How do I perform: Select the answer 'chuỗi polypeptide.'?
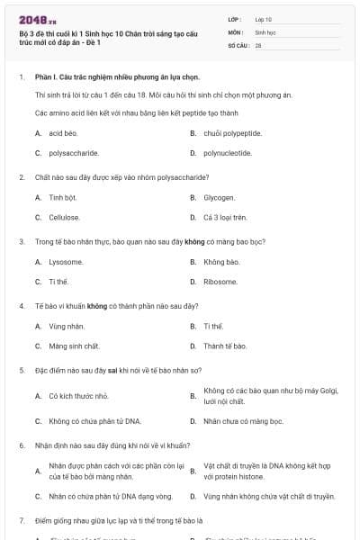[232, 133]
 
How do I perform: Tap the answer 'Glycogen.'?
[220, 197]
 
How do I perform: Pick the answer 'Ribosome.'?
[220, 282]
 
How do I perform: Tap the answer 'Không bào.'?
[221, 262]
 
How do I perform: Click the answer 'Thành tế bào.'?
[225, 346]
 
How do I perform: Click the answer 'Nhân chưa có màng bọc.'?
[238, 420]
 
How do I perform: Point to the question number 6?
[21, 445]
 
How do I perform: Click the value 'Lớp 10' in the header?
[264, 18]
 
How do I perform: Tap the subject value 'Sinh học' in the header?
[265, 31]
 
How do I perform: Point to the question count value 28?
[258, 44]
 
